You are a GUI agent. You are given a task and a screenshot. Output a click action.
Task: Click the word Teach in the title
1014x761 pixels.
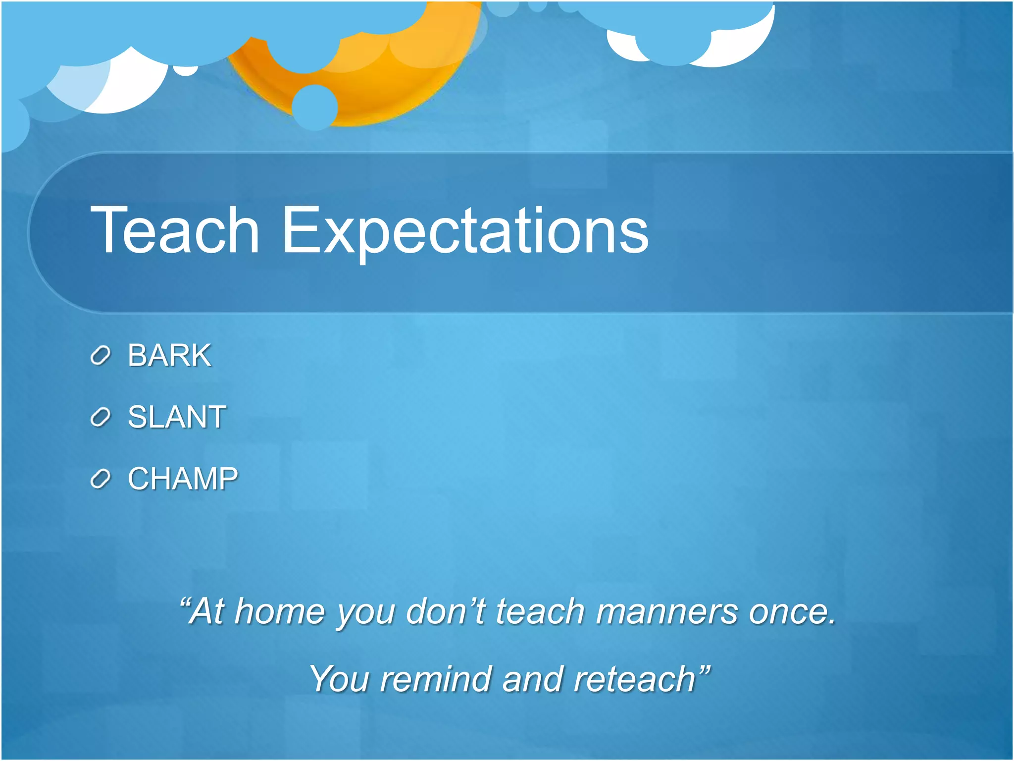[175, 230]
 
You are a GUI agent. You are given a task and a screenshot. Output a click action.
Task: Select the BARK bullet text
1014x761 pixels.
[169, 355]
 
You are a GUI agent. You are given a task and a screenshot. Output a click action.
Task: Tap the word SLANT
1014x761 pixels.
[177, 417]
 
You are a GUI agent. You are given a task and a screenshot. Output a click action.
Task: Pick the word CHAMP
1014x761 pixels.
[183, 479]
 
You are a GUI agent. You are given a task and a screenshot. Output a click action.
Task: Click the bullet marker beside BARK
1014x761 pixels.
[101, 356]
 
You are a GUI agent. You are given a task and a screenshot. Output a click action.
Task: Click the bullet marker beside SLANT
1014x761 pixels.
[101, 418]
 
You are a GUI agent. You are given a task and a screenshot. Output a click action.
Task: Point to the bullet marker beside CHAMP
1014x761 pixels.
[101, 479]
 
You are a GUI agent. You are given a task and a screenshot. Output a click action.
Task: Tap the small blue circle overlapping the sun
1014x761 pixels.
[315, 107]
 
